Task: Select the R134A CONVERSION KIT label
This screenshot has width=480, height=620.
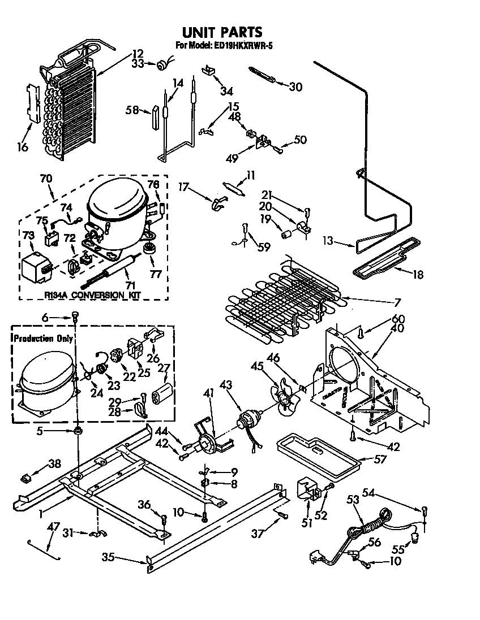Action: [x=93, y=294]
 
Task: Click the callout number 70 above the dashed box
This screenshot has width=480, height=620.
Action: [x=46, y=179]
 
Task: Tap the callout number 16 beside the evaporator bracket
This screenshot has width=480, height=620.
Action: [x=22, y=148]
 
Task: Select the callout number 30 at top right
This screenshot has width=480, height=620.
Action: [x=295, y=86]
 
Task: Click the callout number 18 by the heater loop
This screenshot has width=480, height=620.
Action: [x=418, y=275]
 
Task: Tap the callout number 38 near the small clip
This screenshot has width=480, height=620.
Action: [x=54, y=465]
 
